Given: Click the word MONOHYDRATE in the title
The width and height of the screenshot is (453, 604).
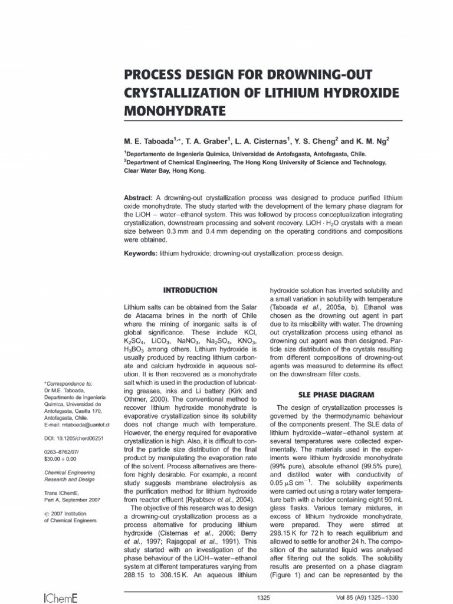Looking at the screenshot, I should pos(167,110).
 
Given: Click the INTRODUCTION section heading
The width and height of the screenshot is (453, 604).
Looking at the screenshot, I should pos(190,290).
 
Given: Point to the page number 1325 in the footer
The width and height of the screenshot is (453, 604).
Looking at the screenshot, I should pos(264,598).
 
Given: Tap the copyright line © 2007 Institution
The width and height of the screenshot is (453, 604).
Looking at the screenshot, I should pos(66,513).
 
